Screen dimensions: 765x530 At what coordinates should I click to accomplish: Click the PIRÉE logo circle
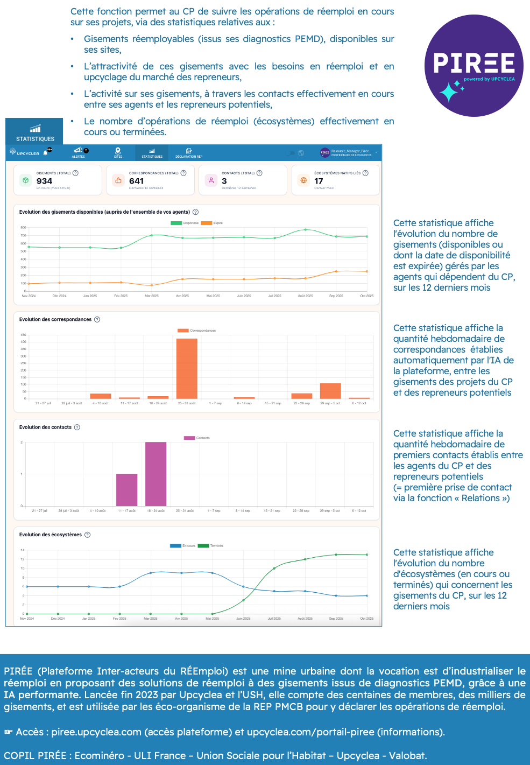point(474,66)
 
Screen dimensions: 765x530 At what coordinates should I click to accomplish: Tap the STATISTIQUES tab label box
point(34,131)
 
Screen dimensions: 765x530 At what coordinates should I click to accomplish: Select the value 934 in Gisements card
point(44,181)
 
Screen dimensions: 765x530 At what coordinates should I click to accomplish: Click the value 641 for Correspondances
point(136,181)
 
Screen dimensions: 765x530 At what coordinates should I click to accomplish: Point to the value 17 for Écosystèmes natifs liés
point(319,181)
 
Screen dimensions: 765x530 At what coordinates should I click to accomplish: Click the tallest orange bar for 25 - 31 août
point(187,369)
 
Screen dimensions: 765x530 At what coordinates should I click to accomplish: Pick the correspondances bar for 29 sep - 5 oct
point(330,391)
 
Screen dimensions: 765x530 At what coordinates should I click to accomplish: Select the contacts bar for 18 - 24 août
point(156,474)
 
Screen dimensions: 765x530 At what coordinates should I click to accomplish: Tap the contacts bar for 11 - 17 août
point(127,490)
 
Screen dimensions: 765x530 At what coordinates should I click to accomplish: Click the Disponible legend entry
point(185,223)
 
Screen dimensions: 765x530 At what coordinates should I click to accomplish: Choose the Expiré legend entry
point(212,223)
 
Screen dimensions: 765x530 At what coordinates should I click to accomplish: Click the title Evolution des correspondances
point(55,319)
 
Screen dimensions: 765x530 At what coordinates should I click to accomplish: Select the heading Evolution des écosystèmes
point(51,535)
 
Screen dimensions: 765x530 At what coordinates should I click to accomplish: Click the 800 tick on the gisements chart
point(24,228)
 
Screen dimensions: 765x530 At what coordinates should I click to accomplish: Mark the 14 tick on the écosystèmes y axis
point(23,550)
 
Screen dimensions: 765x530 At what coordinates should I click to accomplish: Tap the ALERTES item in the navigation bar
point(79,153)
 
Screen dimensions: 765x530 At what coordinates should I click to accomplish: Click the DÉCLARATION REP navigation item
point(189,153)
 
